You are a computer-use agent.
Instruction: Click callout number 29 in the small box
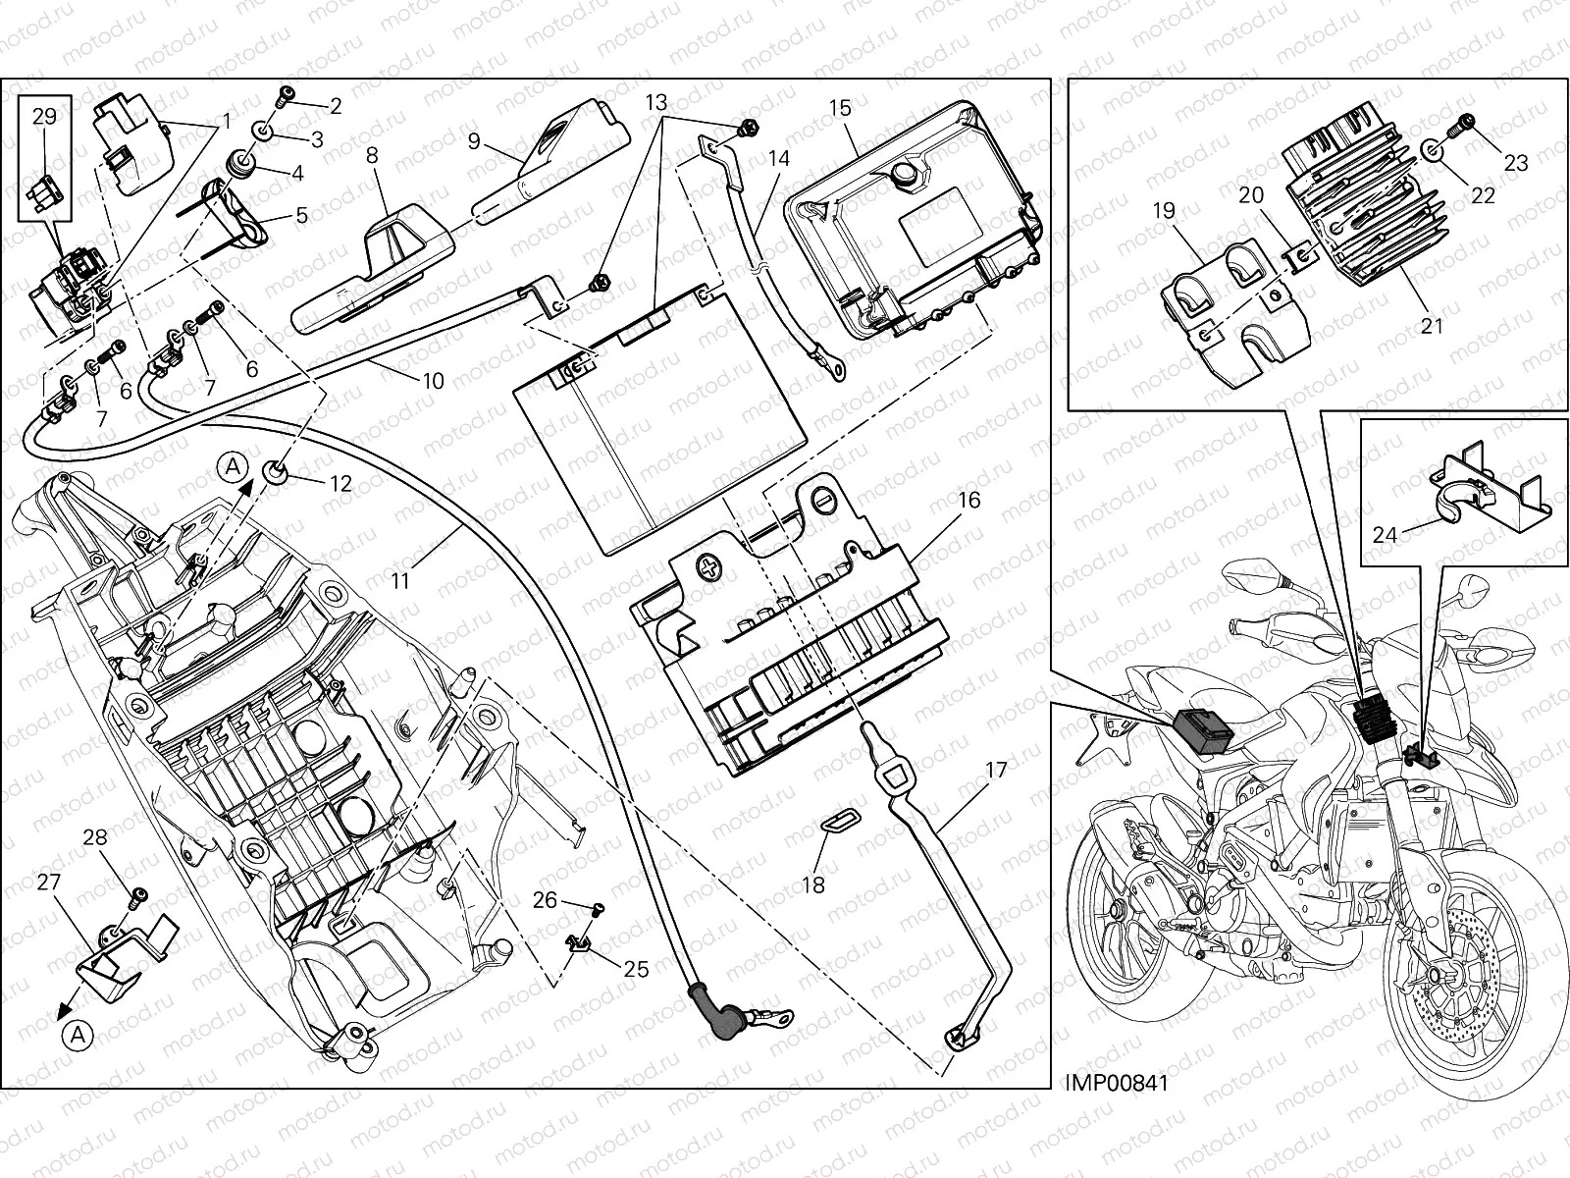click(x=44, y=116)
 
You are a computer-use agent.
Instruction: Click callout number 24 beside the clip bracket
click(x=1386, y=535)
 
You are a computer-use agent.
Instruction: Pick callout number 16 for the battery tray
click(x=968, y=500)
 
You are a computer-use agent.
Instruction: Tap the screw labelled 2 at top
click(x=283, y=96)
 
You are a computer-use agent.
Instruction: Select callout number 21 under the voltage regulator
click(x=1433, y=324)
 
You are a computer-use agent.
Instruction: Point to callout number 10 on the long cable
click(x=433, y=381)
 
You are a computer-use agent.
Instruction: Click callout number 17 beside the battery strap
click(x=996, y=771)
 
